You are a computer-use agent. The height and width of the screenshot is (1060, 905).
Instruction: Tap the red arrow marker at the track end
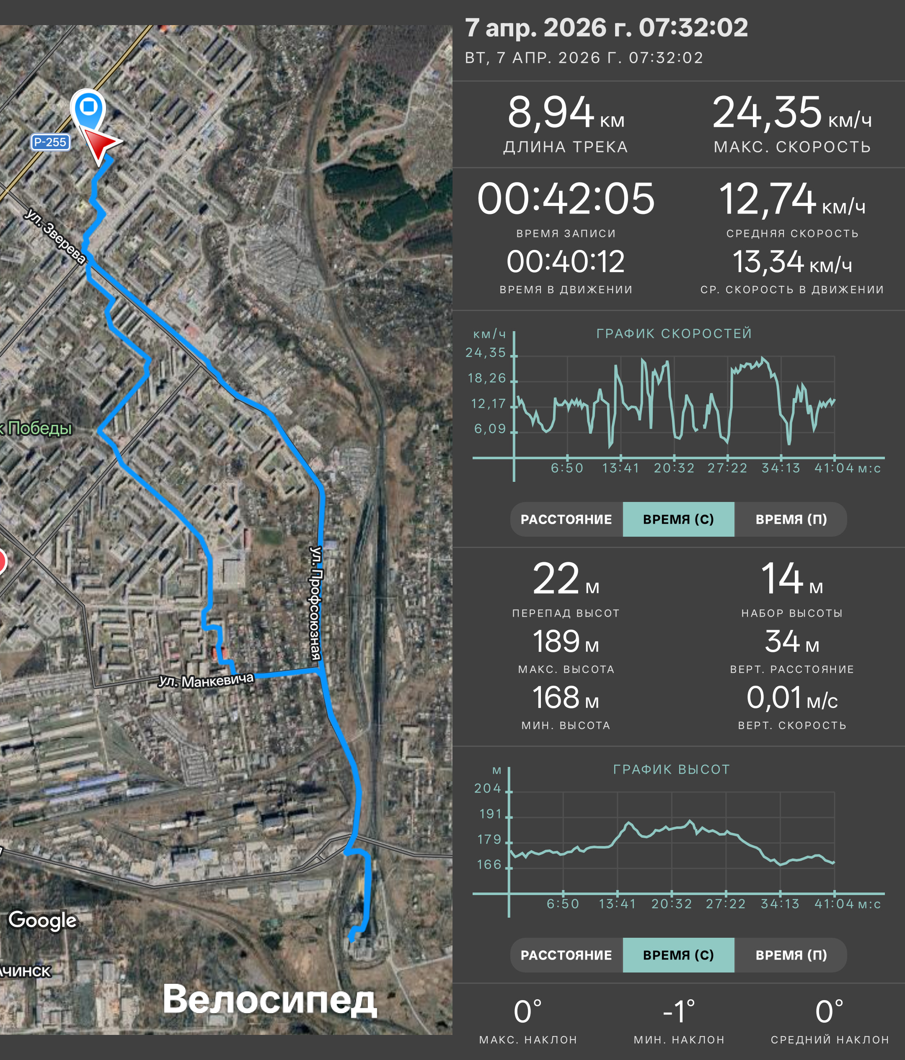[101, 145]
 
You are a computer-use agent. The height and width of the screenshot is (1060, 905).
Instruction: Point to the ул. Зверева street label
[55, 235]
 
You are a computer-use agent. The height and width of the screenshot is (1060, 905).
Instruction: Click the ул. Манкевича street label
[206, 680]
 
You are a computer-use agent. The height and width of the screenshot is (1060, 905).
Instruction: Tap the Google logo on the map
[43, 920]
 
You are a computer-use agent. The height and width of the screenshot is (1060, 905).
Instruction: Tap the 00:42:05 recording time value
[566, 198]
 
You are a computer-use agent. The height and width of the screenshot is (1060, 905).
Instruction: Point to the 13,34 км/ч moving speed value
[792, 262]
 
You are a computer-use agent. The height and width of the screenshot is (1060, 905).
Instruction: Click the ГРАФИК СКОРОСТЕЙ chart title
[674, 334]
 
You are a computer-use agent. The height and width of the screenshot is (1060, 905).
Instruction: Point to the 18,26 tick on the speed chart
[487, 378]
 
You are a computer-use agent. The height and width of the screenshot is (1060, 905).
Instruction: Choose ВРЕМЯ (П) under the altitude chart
[791, 955]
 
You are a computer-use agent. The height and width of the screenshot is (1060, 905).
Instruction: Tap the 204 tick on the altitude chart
[487, 788]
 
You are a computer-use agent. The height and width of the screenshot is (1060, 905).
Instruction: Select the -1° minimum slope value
[679, 1011]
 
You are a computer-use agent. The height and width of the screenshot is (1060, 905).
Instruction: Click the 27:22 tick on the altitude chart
[725, 904]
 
